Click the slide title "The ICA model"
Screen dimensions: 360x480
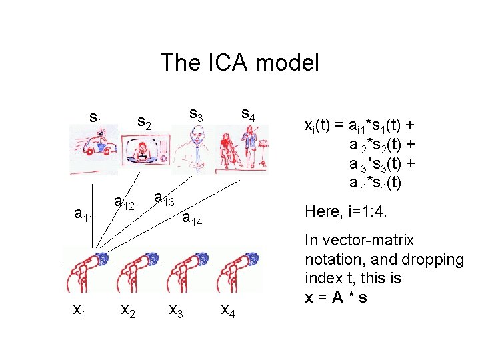tap(239, 63)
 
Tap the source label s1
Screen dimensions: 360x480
tap(96, 119)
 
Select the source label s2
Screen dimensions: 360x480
tap(144, 123)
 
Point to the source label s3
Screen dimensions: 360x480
tap(196, 114)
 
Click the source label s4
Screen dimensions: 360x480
tap(247, 114)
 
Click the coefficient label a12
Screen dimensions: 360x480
tap(125, 201)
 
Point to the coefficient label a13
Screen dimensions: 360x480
tap(164, 198)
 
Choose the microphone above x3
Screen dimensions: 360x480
tap(189, 270)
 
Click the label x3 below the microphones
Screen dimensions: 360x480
tap(176, 309)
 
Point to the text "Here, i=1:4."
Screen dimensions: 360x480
tap(347, 211)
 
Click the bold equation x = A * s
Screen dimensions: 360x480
tap(335, 297)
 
